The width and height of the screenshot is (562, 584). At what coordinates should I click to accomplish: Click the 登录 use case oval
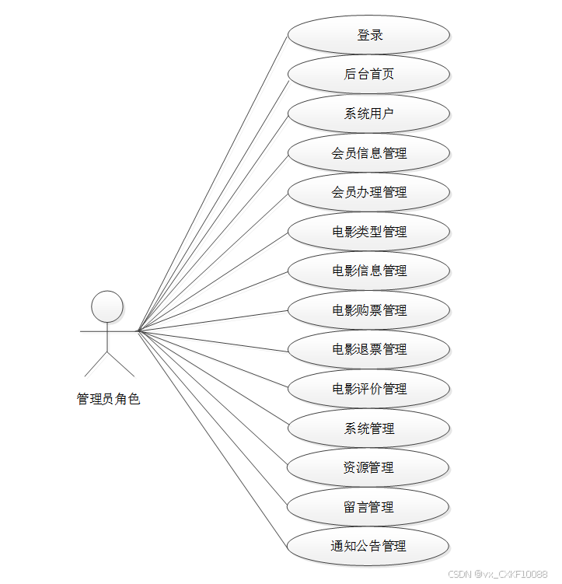pyautogui.click(x=368, y=35)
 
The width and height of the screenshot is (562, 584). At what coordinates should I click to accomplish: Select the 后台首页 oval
pyautogui.click(x=368, y=74)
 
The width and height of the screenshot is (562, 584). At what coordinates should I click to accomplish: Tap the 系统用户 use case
pyautogui.click(x=368, y=114)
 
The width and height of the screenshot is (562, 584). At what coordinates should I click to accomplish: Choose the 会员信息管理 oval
pyautogui.click(x=368, y=153)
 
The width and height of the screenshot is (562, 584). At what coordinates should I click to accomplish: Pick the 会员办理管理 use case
pyautogui.click(x=368, y=192)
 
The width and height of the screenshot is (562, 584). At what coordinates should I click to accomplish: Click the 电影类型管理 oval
pyautogui.click(x=368, y=232)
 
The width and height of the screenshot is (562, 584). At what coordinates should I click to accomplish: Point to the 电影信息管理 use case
pyautogui.click(x=368, y=271)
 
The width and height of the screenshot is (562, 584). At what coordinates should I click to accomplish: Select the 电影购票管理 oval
pyautogui.click(x=368, y=310)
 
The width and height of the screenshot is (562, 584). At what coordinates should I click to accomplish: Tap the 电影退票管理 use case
pyautogui.click(x=368, y=349)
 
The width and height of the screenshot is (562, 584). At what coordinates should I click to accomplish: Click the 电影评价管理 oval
pyautogui.click(x=368, y=389)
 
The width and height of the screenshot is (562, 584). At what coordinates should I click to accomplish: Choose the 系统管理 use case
pyautogui.click(x=368, y=428)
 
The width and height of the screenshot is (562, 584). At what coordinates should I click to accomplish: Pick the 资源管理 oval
pyautogui.click(x=368, y=467)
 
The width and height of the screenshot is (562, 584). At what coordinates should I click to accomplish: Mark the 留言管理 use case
pyautogui.click(x=368, y=507)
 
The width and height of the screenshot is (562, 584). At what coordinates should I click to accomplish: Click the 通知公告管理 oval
pyautogui.click(x=368, y=546)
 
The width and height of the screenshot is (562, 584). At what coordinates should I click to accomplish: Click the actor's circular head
pyautogui.click(x=107, y=306)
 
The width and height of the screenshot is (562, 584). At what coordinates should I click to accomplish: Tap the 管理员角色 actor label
pyautogui.click(x=108, y=400)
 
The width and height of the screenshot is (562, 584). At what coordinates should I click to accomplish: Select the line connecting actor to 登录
pyautogui.click(x=213, y=183)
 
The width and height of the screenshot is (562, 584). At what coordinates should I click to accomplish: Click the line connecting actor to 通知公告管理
pyautogui.click(x=213, y=439)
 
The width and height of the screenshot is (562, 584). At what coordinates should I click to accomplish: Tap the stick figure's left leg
pyautogui.click(x=96, y=363)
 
